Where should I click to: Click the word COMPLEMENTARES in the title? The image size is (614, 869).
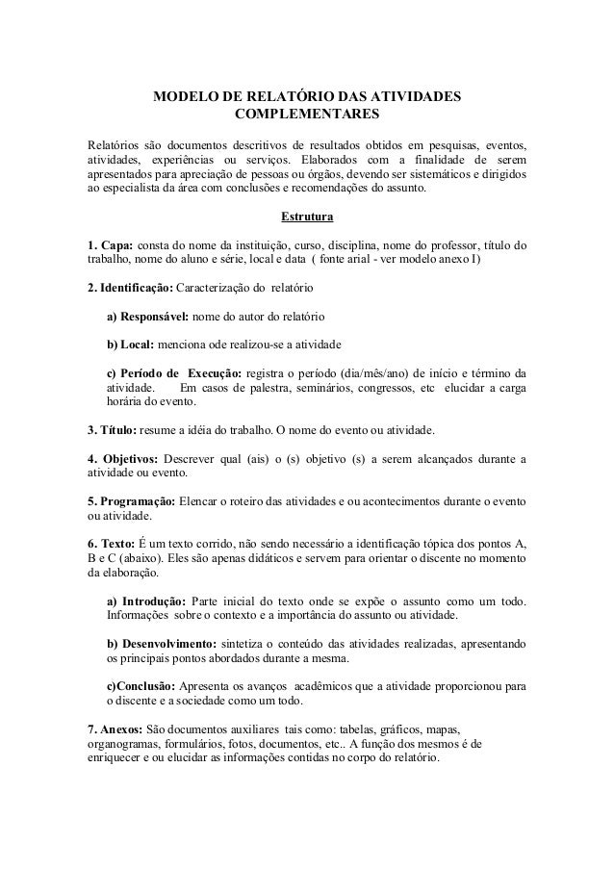tap(307, 115)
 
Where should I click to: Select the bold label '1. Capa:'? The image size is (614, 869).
tap(111, 245)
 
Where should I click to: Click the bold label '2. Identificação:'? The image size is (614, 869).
tap(130, 288)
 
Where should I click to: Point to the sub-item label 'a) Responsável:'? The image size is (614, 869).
tap(148, 317)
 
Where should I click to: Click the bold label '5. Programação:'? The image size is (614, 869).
tap(131, 501)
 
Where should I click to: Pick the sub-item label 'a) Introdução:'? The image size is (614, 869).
tap(149, 601)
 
